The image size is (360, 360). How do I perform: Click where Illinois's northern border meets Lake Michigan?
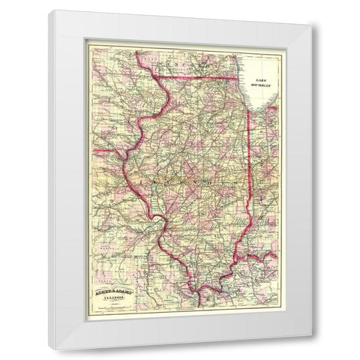(242, 78)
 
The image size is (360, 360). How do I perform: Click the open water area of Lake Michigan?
(262, 94)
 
